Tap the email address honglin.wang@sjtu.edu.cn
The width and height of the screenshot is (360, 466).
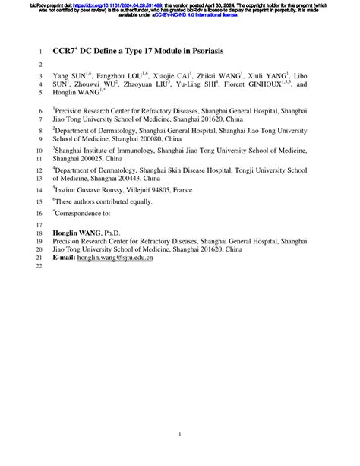pyautogui.click(x=115, y=258)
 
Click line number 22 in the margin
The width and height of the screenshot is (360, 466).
pyautogui.click(x=41, y=267)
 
